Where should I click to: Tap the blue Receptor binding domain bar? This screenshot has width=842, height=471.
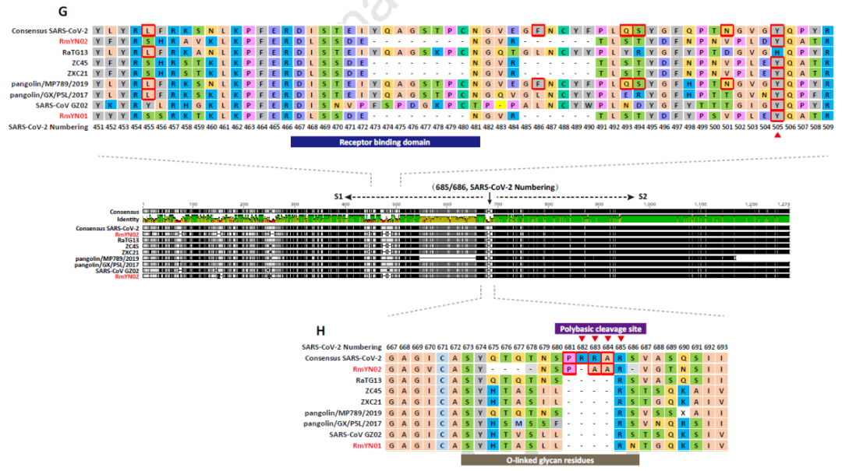coord(385,142)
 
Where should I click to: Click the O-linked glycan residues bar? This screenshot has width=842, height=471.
coord(550,460)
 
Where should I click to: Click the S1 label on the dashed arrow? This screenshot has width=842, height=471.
coord(338,197)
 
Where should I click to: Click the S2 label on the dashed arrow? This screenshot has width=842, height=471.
coord(643,197)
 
